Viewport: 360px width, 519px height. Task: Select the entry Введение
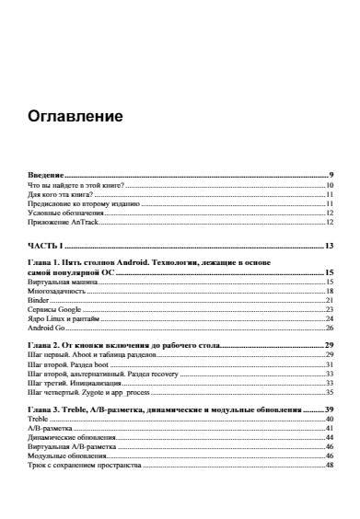coord(46,175)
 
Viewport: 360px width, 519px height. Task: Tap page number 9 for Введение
coord(330,175)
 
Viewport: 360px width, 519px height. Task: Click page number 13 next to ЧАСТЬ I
coord(328,246)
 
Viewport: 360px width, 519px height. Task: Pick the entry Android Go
coord(45,328)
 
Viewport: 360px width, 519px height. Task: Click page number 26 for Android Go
coord(328,328)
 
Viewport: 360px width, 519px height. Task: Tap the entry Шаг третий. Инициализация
coord(75,382)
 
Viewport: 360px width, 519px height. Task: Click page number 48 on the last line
coord(328,465)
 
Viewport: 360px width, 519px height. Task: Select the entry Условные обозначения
coord(64,213)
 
